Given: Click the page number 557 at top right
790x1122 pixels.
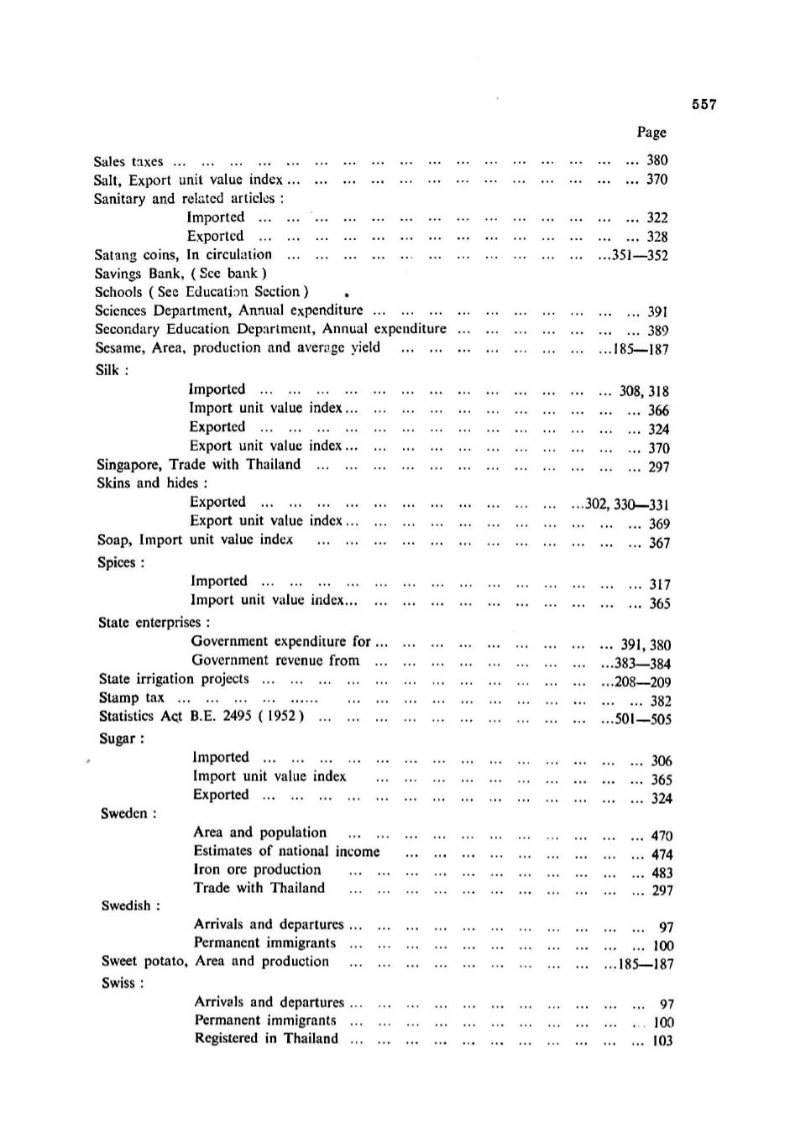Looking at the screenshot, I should (x=704, y=105).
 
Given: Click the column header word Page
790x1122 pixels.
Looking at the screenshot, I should (x=651, y=132).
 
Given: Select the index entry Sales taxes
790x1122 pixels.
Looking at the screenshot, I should (x=128, y=161).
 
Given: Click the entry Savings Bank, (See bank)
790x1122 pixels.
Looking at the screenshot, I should (x=180, y=273).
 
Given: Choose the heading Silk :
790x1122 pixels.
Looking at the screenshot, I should (x=111, y=369).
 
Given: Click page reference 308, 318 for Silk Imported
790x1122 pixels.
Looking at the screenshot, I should (x=644, y=391).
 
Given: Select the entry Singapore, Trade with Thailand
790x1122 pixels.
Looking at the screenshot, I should (x=198, y=464).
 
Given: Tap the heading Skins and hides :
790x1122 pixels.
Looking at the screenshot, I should (x=152, y=483).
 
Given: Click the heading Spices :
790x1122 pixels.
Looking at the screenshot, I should (x=121, y=562).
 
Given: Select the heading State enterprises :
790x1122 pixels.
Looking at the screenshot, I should (x=154, y=623).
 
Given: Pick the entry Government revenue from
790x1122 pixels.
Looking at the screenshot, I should (x=275, y=660).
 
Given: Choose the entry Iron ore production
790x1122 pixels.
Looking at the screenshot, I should (x=257, y=869).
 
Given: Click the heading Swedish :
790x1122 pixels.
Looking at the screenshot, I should (x=130, y=905).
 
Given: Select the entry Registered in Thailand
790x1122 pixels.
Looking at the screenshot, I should (x=266, y=1039).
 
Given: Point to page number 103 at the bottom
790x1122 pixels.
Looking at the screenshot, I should (x=662, y=1041).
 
